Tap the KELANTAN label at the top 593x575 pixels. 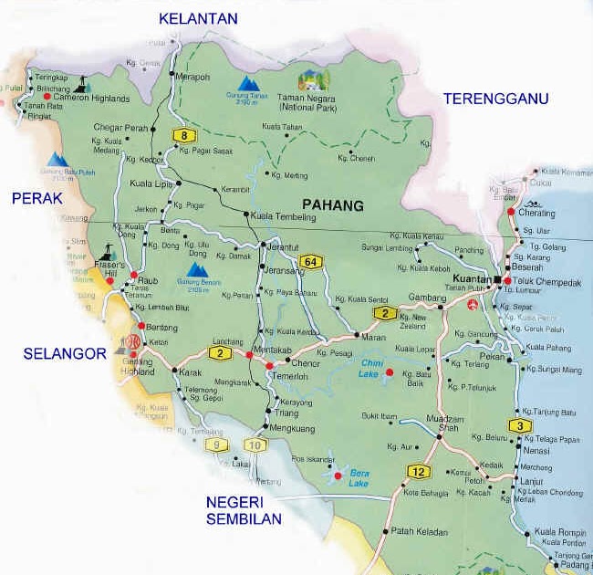click(x=198, y=18)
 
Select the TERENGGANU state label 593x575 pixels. click(x=495, y=99)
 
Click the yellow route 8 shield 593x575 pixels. click(x=185, y=136)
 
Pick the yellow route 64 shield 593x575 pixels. click(x=311, y=262)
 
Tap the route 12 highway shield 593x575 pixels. click(x=417, y=471)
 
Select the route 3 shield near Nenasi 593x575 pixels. click(x=520, y=425)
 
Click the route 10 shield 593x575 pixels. click(x=253, y=445)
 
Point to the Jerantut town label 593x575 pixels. click(x=282, y=246)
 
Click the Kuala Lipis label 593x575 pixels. click(x=152, y=183)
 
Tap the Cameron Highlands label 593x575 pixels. click(x=91, y=98)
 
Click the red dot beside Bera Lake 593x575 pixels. click(x=337, y=476)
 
